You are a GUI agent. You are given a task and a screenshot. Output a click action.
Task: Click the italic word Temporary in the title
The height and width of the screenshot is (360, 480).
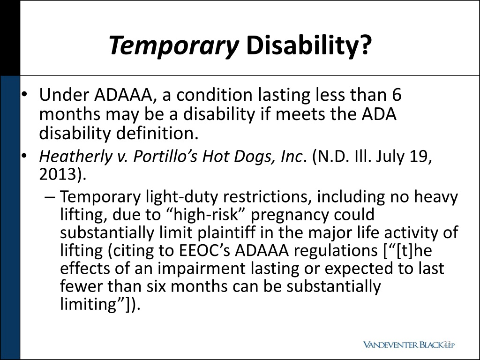click(173, 46)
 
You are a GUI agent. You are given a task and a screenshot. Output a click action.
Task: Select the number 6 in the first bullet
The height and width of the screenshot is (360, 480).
click(397, 95)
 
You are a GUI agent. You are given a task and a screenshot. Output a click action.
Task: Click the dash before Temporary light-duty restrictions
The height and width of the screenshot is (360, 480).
click(52, 197)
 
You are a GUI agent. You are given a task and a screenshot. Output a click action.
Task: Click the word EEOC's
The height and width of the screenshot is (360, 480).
click(205, 251)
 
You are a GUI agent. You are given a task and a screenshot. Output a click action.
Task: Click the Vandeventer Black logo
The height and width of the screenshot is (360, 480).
click(409, 345)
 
